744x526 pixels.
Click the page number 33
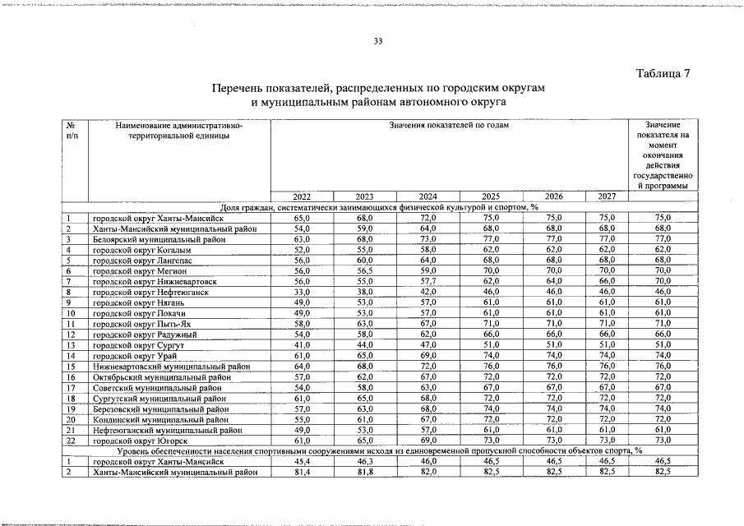tap(379, 43)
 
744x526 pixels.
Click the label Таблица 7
tap(663, 74)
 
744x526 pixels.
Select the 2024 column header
tap(427, 196)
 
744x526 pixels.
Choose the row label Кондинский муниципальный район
tap(160, 419)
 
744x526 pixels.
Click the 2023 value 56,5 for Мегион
tap(364, 270)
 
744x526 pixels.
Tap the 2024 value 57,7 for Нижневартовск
tap(427, 281)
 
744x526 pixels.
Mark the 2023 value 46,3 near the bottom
tap(364, 462)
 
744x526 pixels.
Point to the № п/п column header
tap(72, 130)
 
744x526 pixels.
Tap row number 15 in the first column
tap(72, 367)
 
